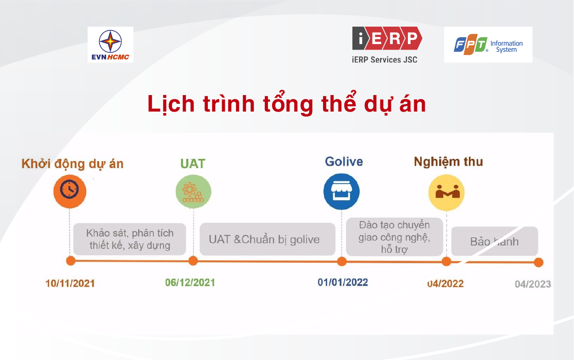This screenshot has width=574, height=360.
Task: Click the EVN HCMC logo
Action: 111,45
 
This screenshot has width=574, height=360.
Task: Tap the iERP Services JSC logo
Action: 387,45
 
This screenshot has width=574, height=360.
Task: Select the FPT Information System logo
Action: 488,45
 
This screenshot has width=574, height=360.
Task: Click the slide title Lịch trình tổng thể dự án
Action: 287,104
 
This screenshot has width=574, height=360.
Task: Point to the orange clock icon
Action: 70,191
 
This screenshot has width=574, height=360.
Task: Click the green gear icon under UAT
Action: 194,191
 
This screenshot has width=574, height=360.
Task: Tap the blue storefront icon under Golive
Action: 341,191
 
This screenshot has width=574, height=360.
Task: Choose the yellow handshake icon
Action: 446,193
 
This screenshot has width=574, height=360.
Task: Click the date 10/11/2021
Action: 70,284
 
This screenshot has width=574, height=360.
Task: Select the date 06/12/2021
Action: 190,282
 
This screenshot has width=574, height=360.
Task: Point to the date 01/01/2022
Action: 343,282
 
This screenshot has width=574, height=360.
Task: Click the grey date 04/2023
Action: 533,284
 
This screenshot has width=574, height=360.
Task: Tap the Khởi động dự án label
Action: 72,164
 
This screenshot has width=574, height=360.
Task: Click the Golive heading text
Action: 344,162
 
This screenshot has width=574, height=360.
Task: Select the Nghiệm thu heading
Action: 448,162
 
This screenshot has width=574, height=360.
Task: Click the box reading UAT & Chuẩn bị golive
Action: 267,239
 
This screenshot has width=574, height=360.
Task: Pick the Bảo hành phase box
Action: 495,241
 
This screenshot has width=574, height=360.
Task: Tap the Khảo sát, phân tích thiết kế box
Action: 130,239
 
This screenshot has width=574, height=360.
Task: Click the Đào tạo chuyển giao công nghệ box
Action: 395,237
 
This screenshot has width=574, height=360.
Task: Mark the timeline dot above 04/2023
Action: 539,262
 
